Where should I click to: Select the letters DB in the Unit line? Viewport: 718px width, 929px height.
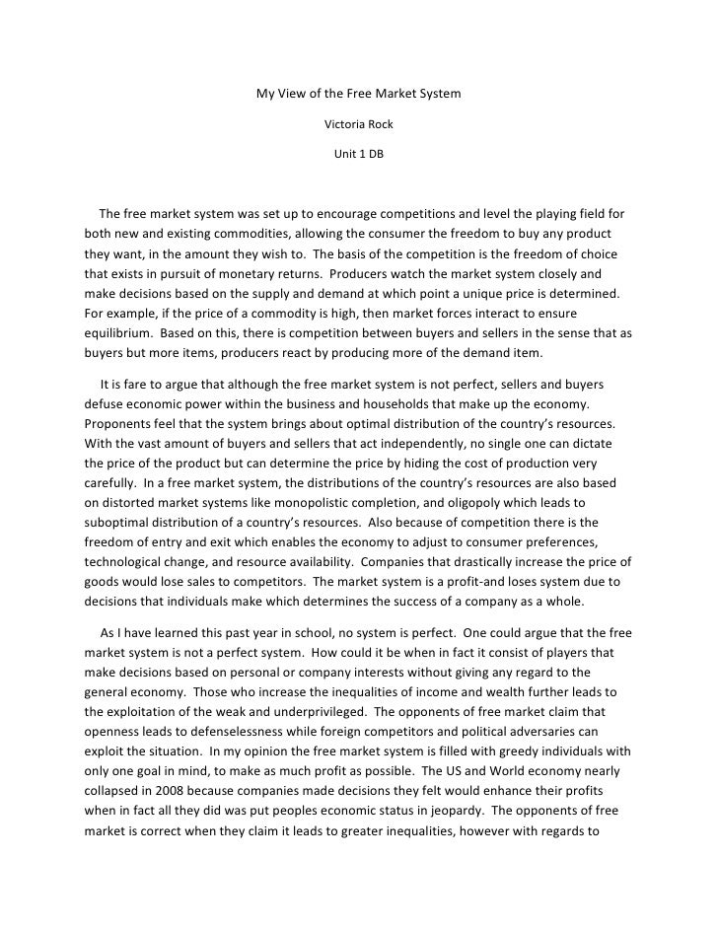coord(377,155)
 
